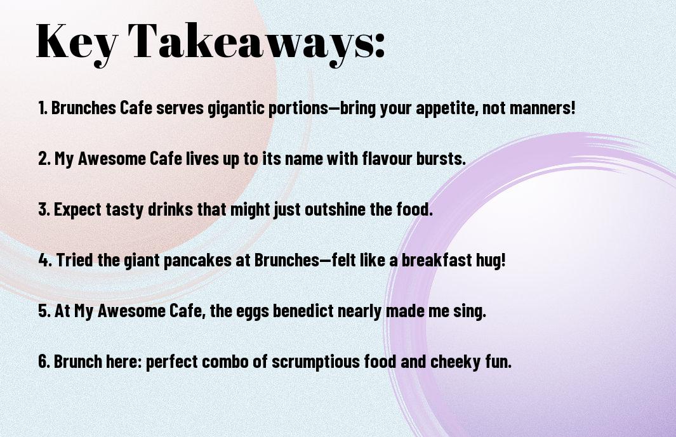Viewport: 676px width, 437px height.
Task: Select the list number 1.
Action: pos(43,108)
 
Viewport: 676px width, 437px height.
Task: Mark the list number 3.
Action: pos(44,209)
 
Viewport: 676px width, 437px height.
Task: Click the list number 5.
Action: pos(44,311)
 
